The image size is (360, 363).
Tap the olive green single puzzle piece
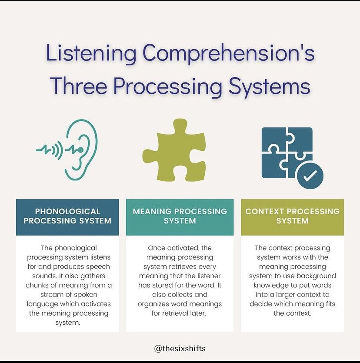[x=174, y=150]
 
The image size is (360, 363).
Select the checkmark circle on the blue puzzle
[x=310, y=176]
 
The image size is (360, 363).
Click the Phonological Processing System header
[x=67, y=216]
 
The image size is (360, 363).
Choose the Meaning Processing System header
[x=180, y=216]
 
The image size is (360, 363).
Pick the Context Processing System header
[x=292, y=216]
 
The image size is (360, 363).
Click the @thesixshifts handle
[x=180, y=348]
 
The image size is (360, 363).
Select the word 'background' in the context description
[x=315, y=276]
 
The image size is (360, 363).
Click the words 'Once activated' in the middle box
[x=173, y=248]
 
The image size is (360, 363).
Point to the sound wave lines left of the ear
[x=49, y=150]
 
